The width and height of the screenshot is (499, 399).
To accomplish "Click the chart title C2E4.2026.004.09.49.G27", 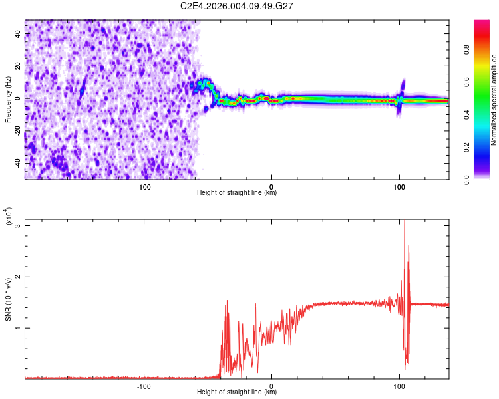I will (x=238, y=6).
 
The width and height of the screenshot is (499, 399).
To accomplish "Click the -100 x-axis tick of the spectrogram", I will (x=144, y=186).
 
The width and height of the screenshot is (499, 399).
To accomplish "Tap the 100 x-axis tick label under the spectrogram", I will (x=399, y=186).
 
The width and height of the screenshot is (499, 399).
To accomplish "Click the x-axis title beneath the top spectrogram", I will (x=237, y=193).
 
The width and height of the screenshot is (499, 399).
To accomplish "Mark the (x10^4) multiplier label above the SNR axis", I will (x=9, y=217).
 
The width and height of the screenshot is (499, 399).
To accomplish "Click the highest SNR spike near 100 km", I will (x=405, y=221).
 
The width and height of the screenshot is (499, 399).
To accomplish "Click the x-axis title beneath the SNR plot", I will (x=237, y=392).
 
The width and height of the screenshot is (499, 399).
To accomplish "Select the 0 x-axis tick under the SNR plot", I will (x=271, y=385).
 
